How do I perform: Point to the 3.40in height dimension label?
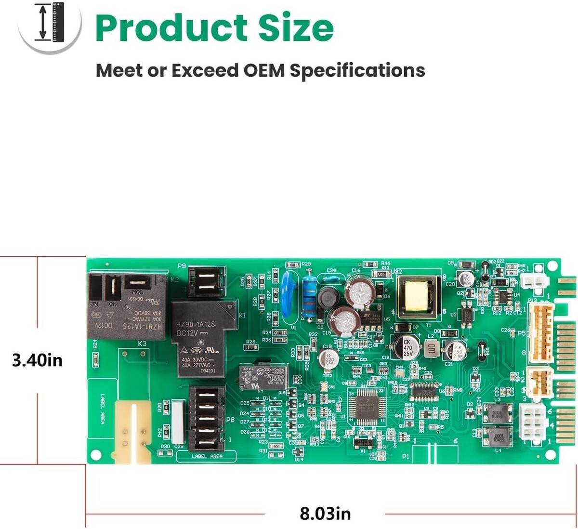click(x=37, y=360)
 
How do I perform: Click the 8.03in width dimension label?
click(x=325, y=513)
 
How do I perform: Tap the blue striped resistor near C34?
click(x=310, y=298)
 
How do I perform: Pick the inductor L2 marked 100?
click(x=431, y=349)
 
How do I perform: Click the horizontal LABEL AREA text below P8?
click(x=207, y=456)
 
